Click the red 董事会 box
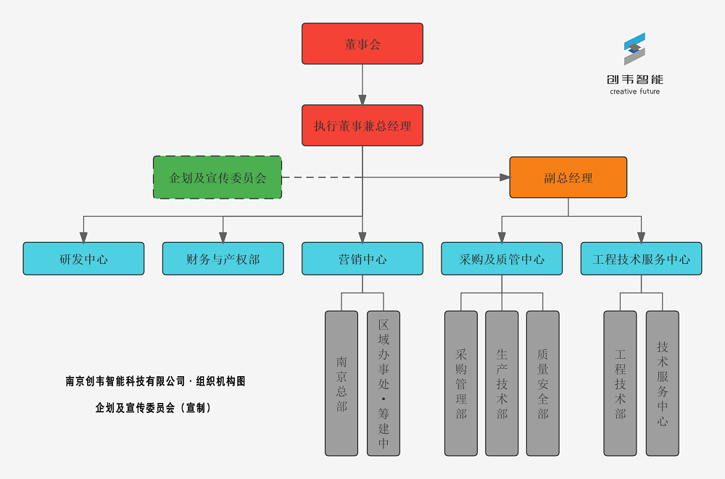click(362, 43)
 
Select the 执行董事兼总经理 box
click(362, 125)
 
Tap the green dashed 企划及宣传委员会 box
click(217, 177)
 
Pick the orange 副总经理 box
click(568, 177)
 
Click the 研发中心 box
click(83, 259)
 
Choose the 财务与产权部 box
click(223, 259)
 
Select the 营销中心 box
click(362, 259)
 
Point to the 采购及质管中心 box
click(502, 259)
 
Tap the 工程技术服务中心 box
click(641, 259)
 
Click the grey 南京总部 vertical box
click(341, 383)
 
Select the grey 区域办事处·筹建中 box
click(384, 383)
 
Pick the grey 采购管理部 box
click(461, 383)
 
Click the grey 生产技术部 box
click(502, 383)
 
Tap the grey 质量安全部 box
click(543, 383)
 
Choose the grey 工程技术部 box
click(620, 383)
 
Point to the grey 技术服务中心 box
click(663, 383)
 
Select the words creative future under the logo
click(635, 91)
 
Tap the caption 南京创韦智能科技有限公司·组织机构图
click(155, 381)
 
